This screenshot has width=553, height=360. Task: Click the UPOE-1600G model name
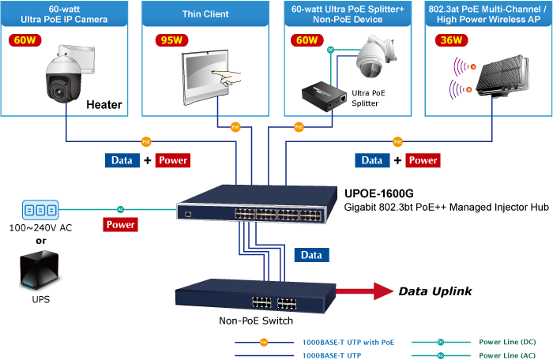(379, 193)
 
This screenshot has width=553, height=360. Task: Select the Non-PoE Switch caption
(256, 321)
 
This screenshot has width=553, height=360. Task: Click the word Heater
(104, 104)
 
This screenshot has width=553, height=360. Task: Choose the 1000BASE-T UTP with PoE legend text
(347, 342)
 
